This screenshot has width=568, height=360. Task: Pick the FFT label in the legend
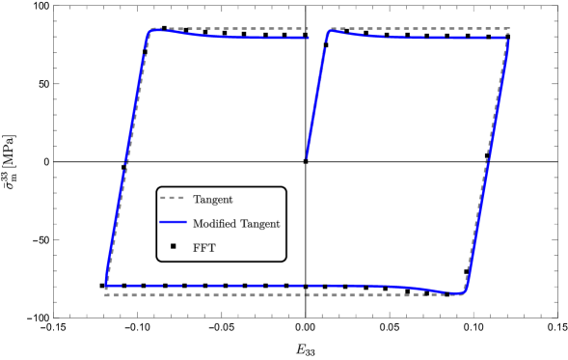pos(204,246)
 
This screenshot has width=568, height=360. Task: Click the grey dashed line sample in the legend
pos(172,199)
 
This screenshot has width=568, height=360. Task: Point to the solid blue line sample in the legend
pos(172,223)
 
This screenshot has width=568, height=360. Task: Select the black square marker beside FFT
pos(173,245)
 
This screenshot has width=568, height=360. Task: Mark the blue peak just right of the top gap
pos(330,30)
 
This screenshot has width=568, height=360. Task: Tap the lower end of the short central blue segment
pos(307,157)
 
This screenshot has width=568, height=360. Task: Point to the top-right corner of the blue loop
pos(508,39)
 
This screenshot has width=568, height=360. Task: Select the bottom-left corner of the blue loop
pos(106,286)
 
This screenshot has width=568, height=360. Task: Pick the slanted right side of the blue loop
pos(487,164)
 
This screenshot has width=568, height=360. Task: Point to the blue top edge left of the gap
pos(231,37)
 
